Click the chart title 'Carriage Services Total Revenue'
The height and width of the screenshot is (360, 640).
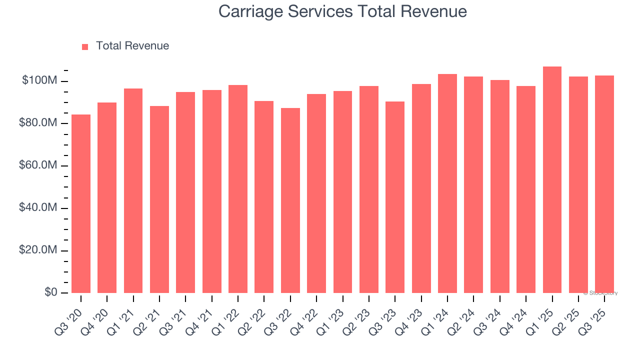pyautogui.click(x=342, y=11)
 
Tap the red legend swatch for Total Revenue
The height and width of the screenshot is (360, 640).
pyautogui.click(x=85, y=46)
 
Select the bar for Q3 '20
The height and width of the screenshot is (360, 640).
pyautogui.click(x=81, y=203)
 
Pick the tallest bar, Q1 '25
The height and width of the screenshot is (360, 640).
pyautogui.click(x=552, y=179)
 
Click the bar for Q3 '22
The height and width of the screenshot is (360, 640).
pyautogui.click(x=290, y=200)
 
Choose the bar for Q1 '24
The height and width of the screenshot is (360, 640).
pyautogui.click(x=447, y=183)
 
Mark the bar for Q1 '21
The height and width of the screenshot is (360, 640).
pyautogui.click(x=133, y=190)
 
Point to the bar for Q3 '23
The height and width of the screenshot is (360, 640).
pyautogui.click(x=395, y=197)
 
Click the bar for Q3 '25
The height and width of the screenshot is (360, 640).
pyautogui.click(x=604, y=184)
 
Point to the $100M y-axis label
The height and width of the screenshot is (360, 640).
pyautogui.click(x=39, y=80)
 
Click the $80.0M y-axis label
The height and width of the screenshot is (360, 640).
pyautogui.click(x=36, y=123)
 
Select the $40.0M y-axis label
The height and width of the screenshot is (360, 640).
pyautogui.click(x=36, y=207)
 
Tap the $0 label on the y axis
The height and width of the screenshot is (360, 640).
pyautogui.click(x=50, y=292)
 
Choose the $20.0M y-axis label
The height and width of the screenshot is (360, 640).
pyautogui.click(x=36, y=250)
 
